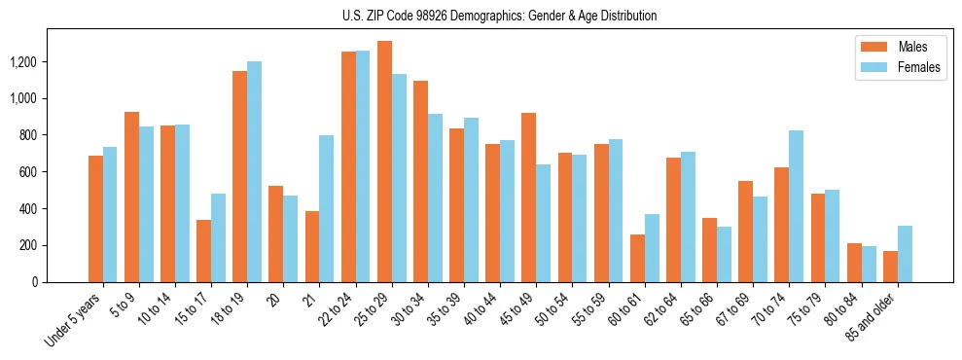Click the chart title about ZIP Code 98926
pos(500,16)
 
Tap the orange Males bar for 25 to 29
pos(384,162)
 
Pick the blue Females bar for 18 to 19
pos(254,171)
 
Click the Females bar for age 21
pos(327,208)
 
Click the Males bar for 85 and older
pos(890,267)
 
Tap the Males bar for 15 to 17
pos(203,251)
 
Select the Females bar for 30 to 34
pos(435,198)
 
